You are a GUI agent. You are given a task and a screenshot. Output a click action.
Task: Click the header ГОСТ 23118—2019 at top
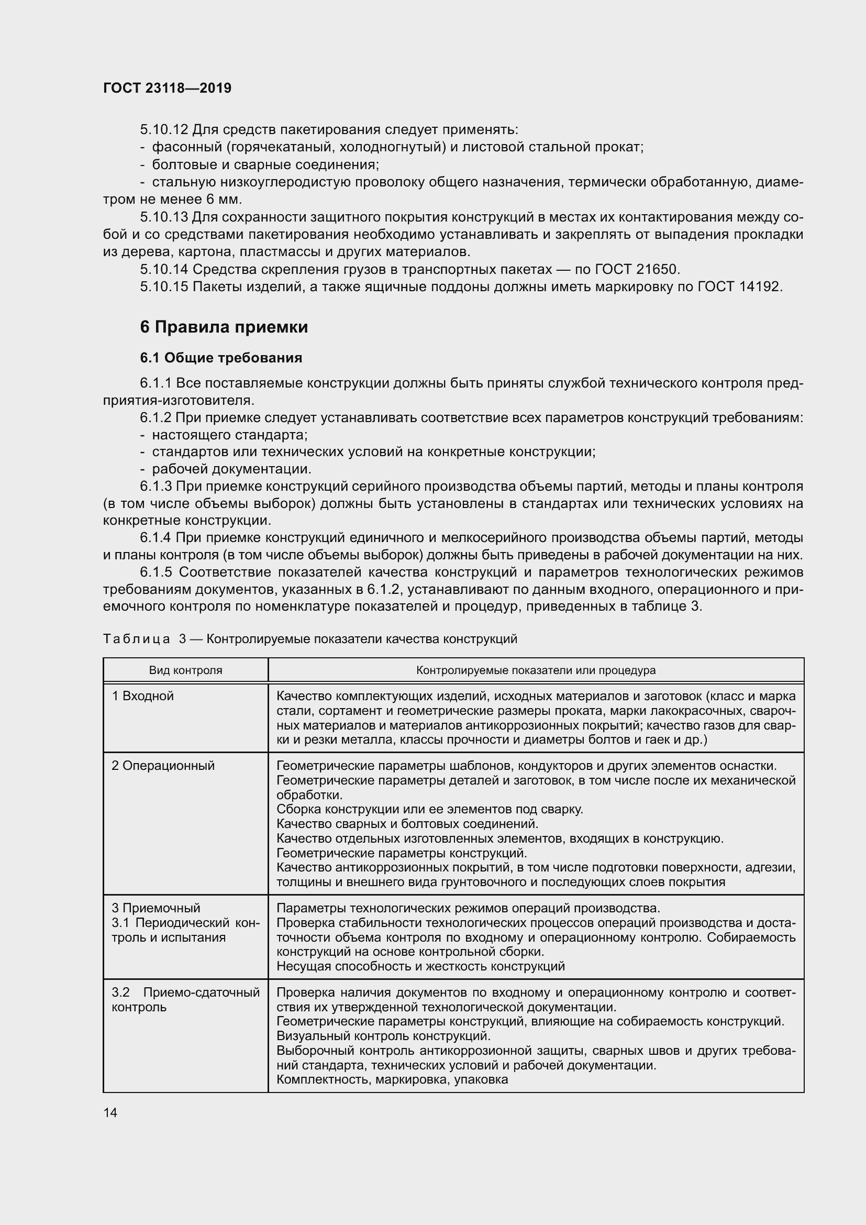[x=167, y=88]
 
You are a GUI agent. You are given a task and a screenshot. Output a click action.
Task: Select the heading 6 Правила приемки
[x=224, y=326]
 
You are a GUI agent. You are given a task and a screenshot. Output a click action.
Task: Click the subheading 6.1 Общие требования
[x=221, y=358]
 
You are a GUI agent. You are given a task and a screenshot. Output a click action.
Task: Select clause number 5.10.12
[x=164, y=130]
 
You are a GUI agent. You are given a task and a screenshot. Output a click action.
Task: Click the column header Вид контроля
[x=185, y=670]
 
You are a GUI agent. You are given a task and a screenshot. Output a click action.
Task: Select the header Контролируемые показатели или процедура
[x=536, y=670]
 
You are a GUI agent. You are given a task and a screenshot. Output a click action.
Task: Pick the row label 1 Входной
[x=143, y=696]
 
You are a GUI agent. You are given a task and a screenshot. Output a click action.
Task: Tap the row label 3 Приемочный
[x=156, y=908]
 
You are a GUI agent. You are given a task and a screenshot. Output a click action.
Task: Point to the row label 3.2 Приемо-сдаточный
[x=185, y=992]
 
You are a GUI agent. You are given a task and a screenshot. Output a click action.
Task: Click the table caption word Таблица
[x=137, y=638]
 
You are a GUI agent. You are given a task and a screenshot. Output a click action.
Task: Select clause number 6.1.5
[x=156, y=572]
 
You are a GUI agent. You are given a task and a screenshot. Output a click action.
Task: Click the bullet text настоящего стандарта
[x=229, y=435]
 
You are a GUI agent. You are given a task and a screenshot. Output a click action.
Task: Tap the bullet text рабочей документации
[x=231, y=469]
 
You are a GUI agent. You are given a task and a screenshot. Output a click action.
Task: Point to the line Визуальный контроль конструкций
[x=383, y=1036]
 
